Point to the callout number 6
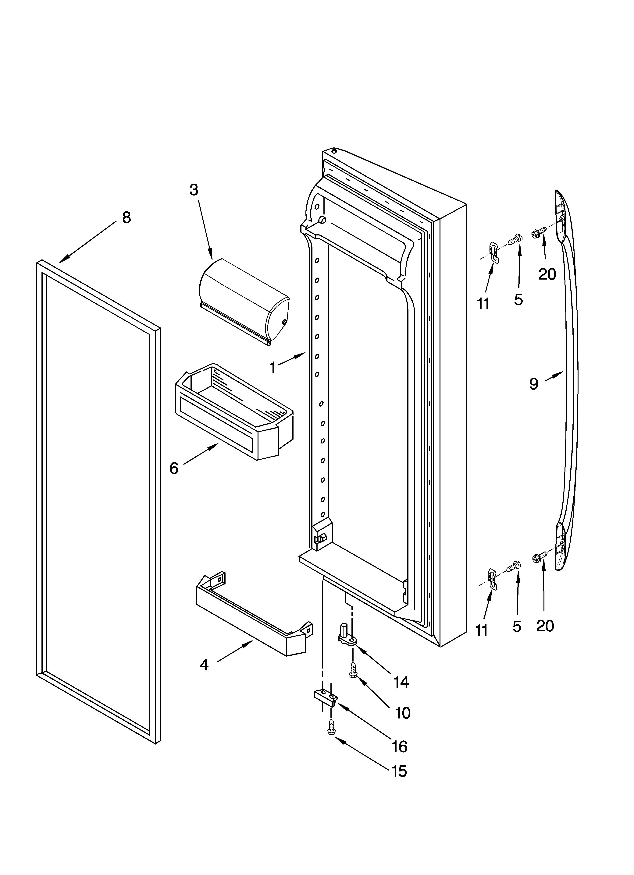pos(174,468)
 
